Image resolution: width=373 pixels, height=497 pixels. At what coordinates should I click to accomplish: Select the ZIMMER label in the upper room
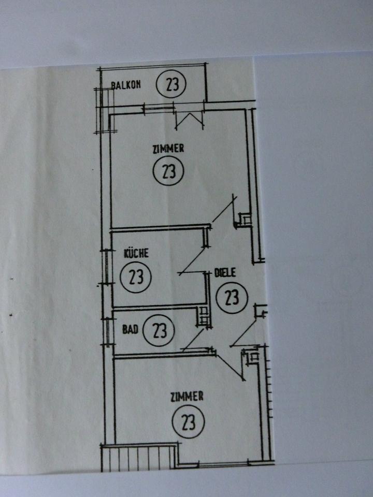pyautogui.click(x=168, y=149)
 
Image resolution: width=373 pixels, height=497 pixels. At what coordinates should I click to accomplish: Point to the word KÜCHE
pyautogui.click(x=136, y=253)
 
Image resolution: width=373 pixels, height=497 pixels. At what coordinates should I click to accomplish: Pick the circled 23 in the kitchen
pyautogui.click(x=135, y=276)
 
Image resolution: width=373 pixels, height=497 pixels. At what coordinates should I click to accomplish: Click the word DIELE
pyautogui.click(x=225, y=273)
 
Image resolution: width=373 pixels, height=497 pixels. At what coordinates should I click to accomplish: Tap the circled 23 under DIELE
pyautogui.click(x=232, y=297)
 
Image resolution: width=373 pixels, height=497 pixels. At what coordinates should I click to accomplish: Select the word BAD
pyautogui.click(x=130, y=329)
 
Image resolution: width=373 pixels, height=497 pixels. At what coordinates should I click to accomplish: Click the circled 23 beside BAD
pyautogui.click(x=160, y=329)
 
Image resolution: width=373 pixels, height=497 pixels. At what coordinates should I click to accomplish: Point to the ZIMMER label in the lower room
pyautogui.click(x=187, y=397)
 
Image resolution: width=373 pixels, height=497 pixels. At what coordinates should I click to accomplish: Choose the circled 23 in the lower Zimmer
pyautogui.click(x=189, y=422)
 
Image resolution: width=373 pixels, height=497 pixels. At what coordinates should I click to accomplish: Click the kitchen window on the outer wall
pyautogui.click(x=107, y=267)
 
